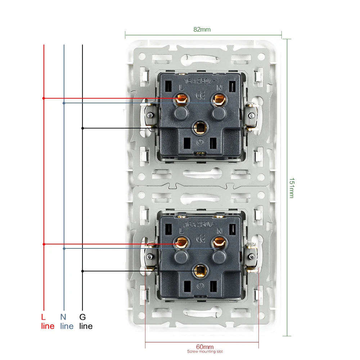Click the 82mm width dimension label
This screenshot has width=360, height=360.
202,30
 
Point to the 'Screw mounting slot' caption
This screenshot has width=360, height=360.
202,352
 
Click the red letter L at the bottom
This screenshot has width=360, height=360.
44,318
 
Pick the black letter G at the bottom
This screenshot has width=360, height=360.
82,318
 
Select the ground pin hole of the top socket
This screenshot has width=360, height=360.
199,127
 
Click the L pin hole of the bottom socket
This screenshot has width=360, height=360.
181,243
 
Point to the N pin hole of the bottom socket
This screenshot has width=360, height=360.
218,243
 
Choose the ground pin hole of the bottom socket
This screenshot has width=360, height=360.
199,271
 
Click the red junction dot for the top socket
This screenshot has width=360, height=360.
44,98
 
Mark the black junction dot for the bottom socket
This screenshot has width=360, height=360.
82,271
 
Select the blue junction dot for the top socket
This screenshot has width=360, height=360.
64,103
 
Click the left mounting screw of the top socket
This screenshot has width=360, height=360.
149,115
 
